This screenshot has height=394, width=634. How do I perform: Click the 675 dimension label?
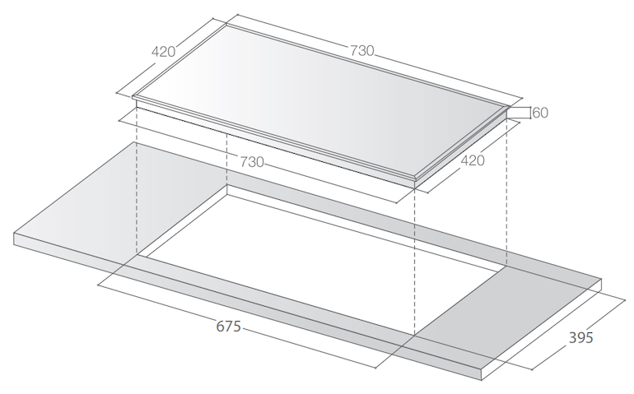[x=228, y=327]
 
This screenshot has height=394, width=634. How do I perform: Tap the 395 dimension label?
[x=580, y=338]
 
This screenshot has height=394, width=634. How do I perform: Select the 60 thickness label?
[x=540, y=113]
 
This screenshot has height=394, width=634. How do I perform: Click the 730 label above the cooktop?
[x=362, y=50]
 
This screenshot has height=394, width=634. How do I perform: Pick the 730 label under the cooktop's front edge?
[x=252, y=161]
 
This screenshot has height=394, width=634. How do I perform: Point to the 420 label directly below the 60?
[x=472, y=160]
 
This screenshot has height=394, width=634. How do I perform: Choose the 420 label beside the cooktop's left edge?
[x=163, y=51]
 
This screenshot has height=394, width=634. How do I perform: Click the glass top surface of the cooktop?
[x=321, y=99]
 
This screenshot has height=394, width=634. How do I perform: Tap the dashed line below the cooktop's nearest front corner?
[x=414, y=263]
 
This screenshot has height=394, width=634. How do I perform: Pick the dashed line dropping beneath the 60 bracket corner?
[x=506, y=197]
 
